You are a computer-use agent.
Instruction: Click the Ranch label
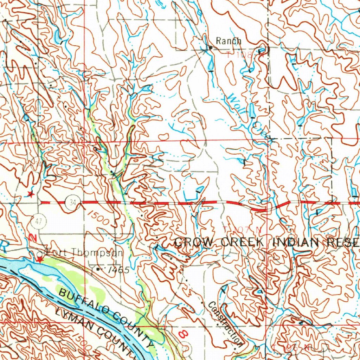pos(229,41)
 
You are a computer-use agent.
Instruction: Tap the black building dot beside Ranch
pos(210,47)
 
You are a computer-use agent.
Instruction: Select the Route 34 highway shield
pos(73,202)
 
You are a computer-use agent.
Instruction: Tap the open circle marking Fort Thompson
pos(40,253)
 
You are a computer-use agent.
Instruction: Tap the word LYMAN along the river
pos(72,319)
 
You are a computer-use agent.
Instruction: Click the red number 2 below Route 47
pos(33,238)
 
